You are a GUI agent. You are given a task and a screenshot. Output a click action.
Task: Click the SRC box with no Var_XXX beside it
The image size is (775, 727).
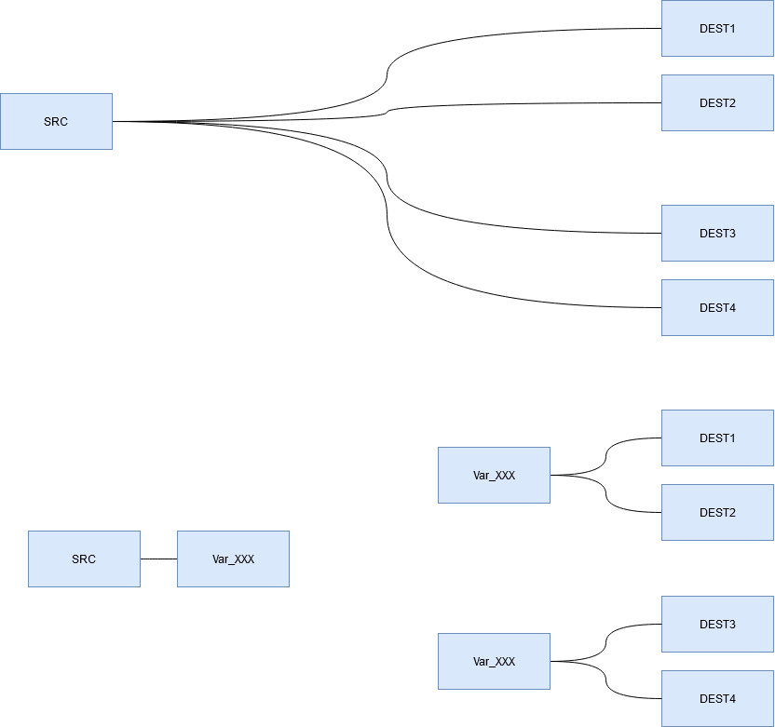click(56, 121)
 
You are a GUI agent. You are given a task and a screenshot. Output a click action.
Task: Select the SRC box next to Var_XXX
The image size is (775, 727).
click(84, 559)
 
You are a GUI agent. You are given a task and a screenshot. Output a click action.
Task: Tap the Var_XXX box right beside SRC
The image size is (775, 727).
click(233, 559)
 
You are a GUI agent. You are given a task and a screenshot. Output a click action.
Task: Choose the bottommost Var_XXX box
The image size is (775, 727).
click(494, 661)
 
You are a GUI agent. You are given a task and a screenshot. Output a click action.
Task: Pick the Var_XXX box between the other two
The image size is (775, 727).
click(494, 475)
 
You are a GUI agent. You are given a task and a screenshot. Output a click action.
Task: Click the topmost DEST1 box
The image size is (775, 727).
click(717, 28)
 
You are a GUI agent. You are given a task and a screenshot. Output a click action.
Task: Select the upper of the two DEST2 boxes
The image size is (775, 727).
click(717, 102)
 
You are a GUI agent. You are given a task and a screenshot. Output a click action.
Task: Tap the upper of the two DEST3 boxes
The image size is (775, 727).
click(717, 233)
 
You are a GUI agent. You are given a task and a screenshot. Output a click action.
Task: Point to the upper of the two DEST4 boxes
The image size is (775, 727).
click(717, 307)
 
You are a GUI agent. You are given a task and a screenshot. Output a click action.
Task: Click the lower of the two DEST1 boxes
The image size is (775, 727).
click(717, 438)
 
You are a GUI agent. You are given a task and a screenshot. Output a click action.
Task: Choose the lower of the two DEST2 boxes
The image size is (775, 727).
click(717, 512)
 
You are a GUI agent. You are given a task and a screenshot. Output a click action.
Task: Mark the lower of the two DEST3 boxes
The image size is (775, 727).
click(717, 624)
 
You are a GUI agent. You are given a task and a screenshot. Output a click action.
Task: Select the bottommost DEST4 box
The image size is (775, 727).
click(717, 698)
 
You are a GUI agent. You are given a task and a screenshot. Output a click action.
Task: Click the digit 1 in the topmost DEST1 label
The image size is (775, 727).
click(732, 29)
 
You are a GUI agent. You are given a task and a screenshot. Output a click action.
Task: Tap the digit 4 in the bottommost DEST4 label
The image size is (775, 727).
click(732, 699)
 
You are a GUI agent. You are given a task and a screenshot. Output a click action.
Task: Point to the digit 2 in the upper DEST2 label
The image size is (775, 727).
click(732, 103)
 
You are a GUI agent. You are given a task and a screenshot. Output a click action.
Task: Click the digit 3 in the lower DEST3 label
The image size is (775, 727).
click(732, 625)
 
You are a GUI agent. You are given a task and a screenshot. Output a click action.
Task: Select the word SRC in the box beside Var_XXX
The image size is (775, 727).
click(84, 559)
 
